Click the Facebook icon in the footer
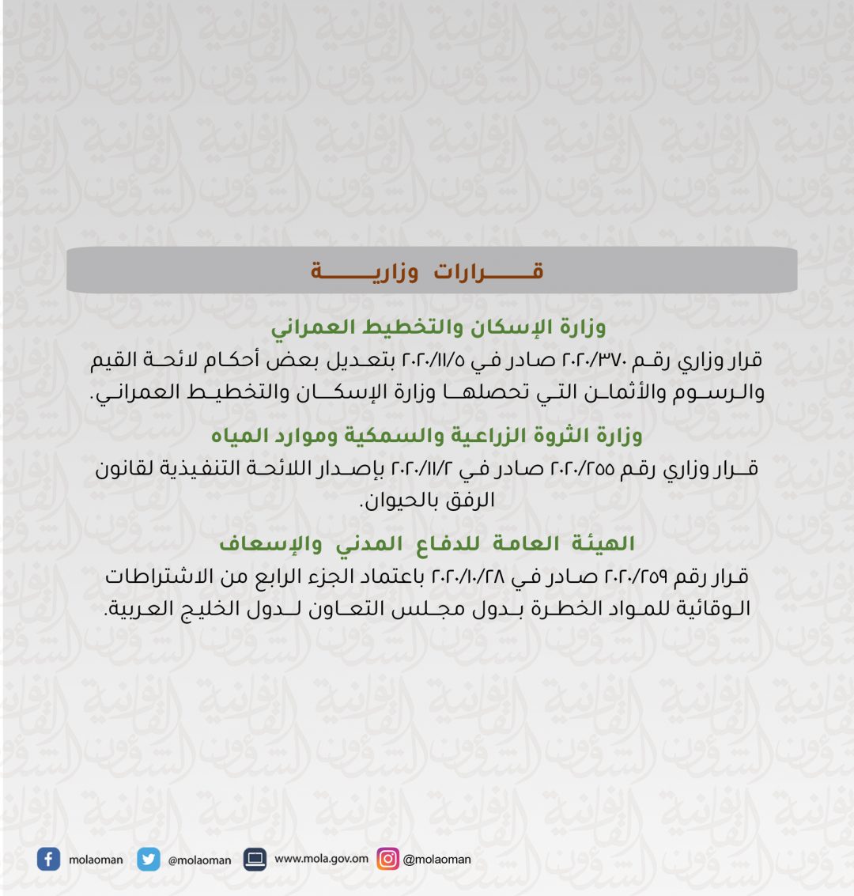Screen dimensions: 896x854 48,860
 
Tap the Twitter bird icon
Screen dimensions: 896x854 148,860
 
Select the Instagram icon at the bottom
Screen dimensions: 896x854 387,859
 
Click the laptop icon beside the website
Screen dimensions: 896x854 255,859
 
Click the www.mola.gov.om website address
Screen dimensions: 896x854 321,859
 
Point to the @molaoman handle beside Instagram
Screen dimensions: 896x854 436,860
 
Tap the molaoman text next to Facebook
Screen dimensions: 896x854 96,860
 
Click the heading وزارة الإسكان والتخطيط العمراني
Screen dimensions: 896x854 438,327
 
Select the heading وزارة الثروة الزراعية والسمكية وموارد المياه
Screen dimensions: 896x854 426,436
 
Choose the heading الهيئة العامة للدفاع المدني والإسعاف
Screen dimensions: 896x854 427,544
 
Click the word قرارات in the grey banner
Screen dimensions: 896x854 488,272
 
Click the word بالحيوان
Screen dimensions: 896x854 397,501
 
